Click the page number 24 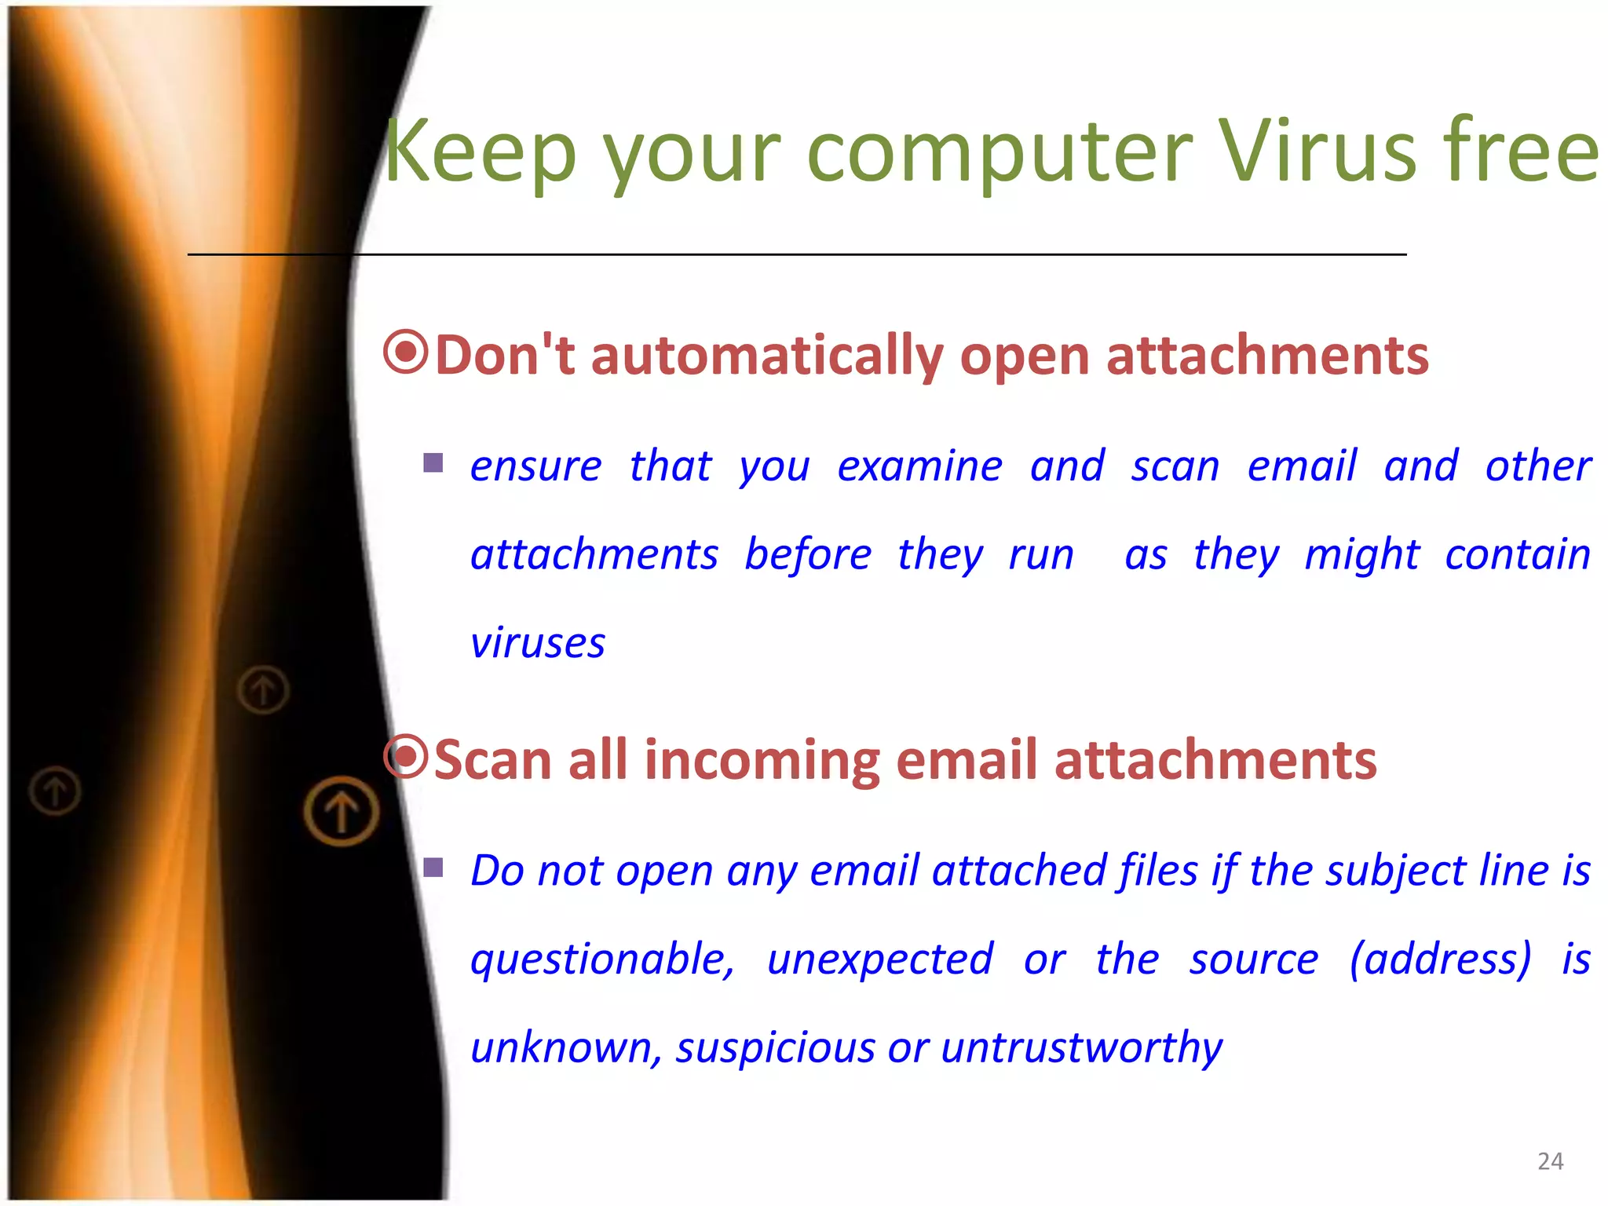[x=1550, y=1161]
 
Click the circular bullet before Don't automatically [x=405, y=353]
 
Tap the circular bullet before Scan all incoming [x=405, y=757]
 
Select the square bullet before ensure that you [x=433, y=462]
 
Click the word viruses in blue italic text [x=538, y=643]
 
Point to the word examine [x=919, y=466]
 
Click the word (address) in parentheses [x=1440, y=959]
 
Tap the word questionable [x=602, y=959]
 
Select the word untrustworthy [x=1081, y=1047]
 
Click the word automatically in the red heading [x=766, y=356]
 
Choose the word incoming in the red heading [x=762, y=760]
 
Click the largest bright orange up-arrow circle [x=342, y=810]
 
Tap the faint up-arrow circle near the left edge [x=55, y=790]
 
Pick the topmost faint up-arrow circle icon [x=263, y=690]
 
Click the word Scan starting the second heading [x=492, y=760]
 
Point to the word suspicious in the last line [x=775, y=1047]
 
